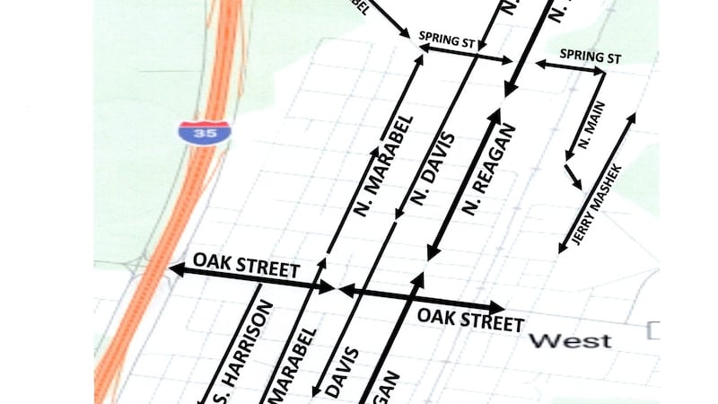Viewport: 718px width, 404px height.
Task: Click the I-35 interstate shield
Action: [x=204, y=132]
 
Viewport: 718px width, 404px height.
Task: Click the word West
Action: [x=570, y=341]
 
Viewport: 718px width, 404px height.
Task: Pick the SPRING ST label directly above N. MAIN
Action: [x=591, y=56]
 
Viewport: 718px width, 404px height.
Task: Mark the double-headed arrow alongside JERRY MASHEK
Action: [x=597, y=183]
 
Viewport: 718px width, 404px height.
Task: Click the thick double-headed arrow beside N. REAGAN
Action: [x=462, y=184]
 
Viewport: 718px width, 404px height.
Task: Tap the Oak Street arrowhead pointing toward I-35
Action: [x=176, y=268]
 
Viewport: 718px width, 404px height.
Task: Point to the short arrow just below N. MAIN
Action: [x=572, y=176]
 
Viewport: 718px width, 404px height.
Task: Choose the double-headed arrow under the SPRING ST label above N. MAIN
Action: [x=571, y=66]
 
